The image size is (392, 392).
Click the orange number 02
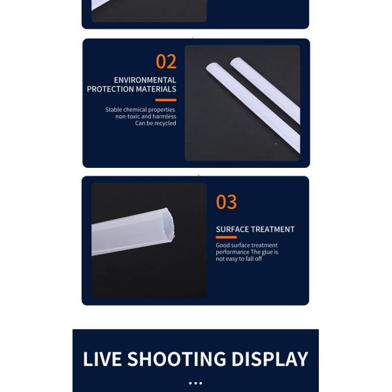click(x=166, y=61)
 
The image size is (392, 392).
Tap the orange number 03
click(x=226, y=202)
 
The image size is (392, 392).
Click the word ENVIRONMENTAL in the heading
click(x=145, y=80)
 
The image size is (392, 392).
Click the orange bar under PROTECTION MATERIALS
click(x=166, y=100)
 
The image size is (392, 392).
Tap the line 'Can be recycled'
click(x=155, y=123)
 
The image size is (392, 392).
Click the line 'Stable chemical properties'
click(x=140, y=110)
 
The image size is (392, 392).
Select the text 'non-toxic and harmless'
click(x=146, y=116)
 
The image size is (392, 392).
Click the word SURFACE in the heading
click(x=232, y=229)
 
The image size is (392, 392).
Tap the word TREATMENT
click(x=272, y=229)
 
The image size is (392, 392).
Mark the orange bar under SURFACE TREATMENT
click(x=226, y=237)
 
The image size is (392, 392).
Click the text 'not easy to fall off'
click(x=238, y=259)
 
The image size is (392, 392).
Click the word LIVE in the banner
click(x=103, y=359)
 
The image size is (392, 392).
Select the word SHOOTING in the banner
click(x=176, y=359)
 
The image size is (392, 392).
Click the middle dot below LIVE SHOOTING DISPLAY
click(x=195, y=384)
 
